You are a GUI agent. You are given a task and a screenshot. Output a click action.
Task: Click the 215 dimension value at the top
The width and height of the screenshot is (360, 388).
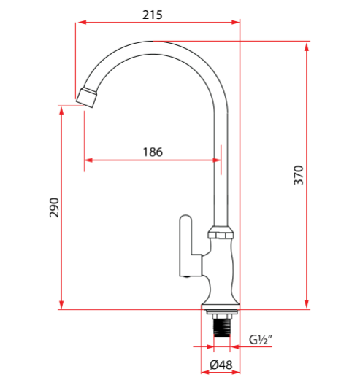[x=153, y=15]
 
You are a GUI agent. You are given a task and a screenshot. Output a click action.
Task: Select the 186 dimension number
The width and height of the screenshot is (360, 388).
[x=152, y=152]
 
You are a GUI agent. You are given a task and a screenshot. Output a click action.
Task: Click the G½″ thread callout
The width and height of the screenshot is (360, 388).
[x=260, y=339]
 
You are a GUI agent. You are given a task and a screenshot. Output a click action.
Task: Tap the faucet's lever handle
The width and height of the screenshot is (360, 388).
[x=185, y=244]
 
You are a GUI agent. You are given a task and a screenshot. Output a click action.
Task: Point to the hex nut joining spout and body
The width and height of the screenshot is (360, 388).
[x=221, y=234]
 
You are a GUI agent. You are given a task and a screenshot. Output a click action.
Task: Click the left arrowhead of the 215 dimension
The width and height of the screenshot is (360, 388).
[x=80, y=23]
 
